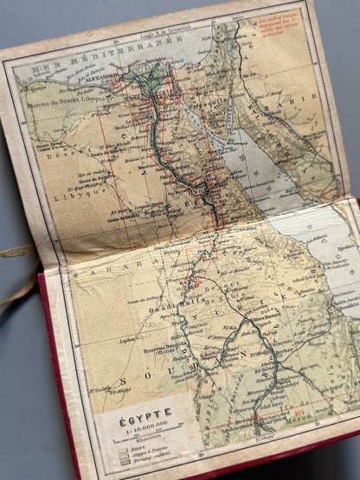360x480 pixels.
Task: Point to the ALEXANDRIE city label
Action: [x=101, y=74]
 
